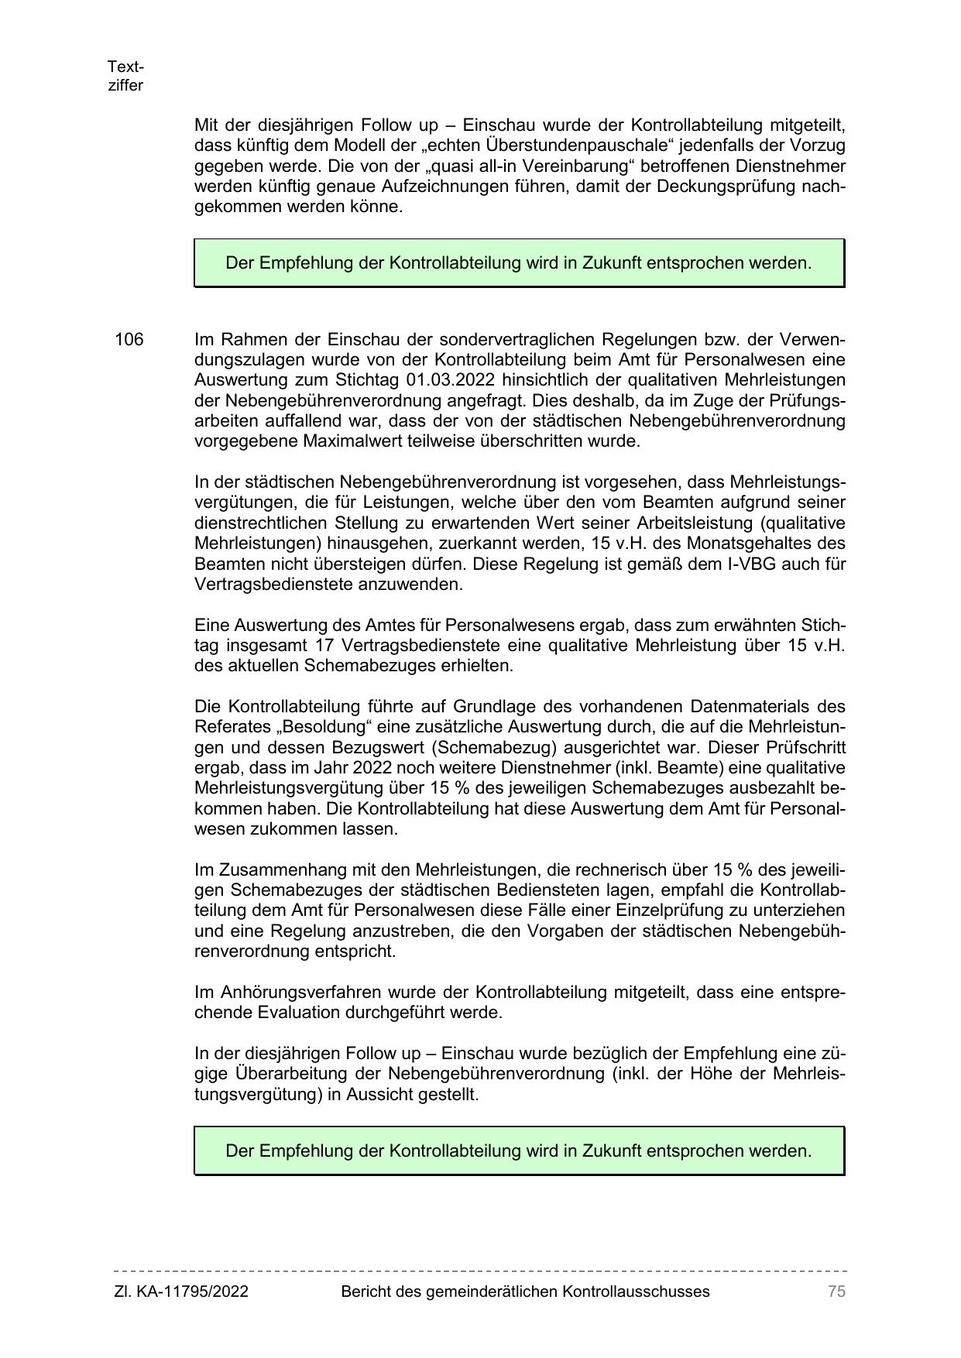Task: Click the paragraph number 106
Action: pyautogui.click(x=129, y=340)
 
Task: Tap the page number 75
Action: pyautogui.click(x=836, y=1291)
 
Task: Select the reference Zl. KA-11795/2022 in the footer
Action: pyautogui.click(x=181, y=1291)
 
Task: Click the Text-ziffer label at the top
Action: pyautogui.click(x=125, y=76)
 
